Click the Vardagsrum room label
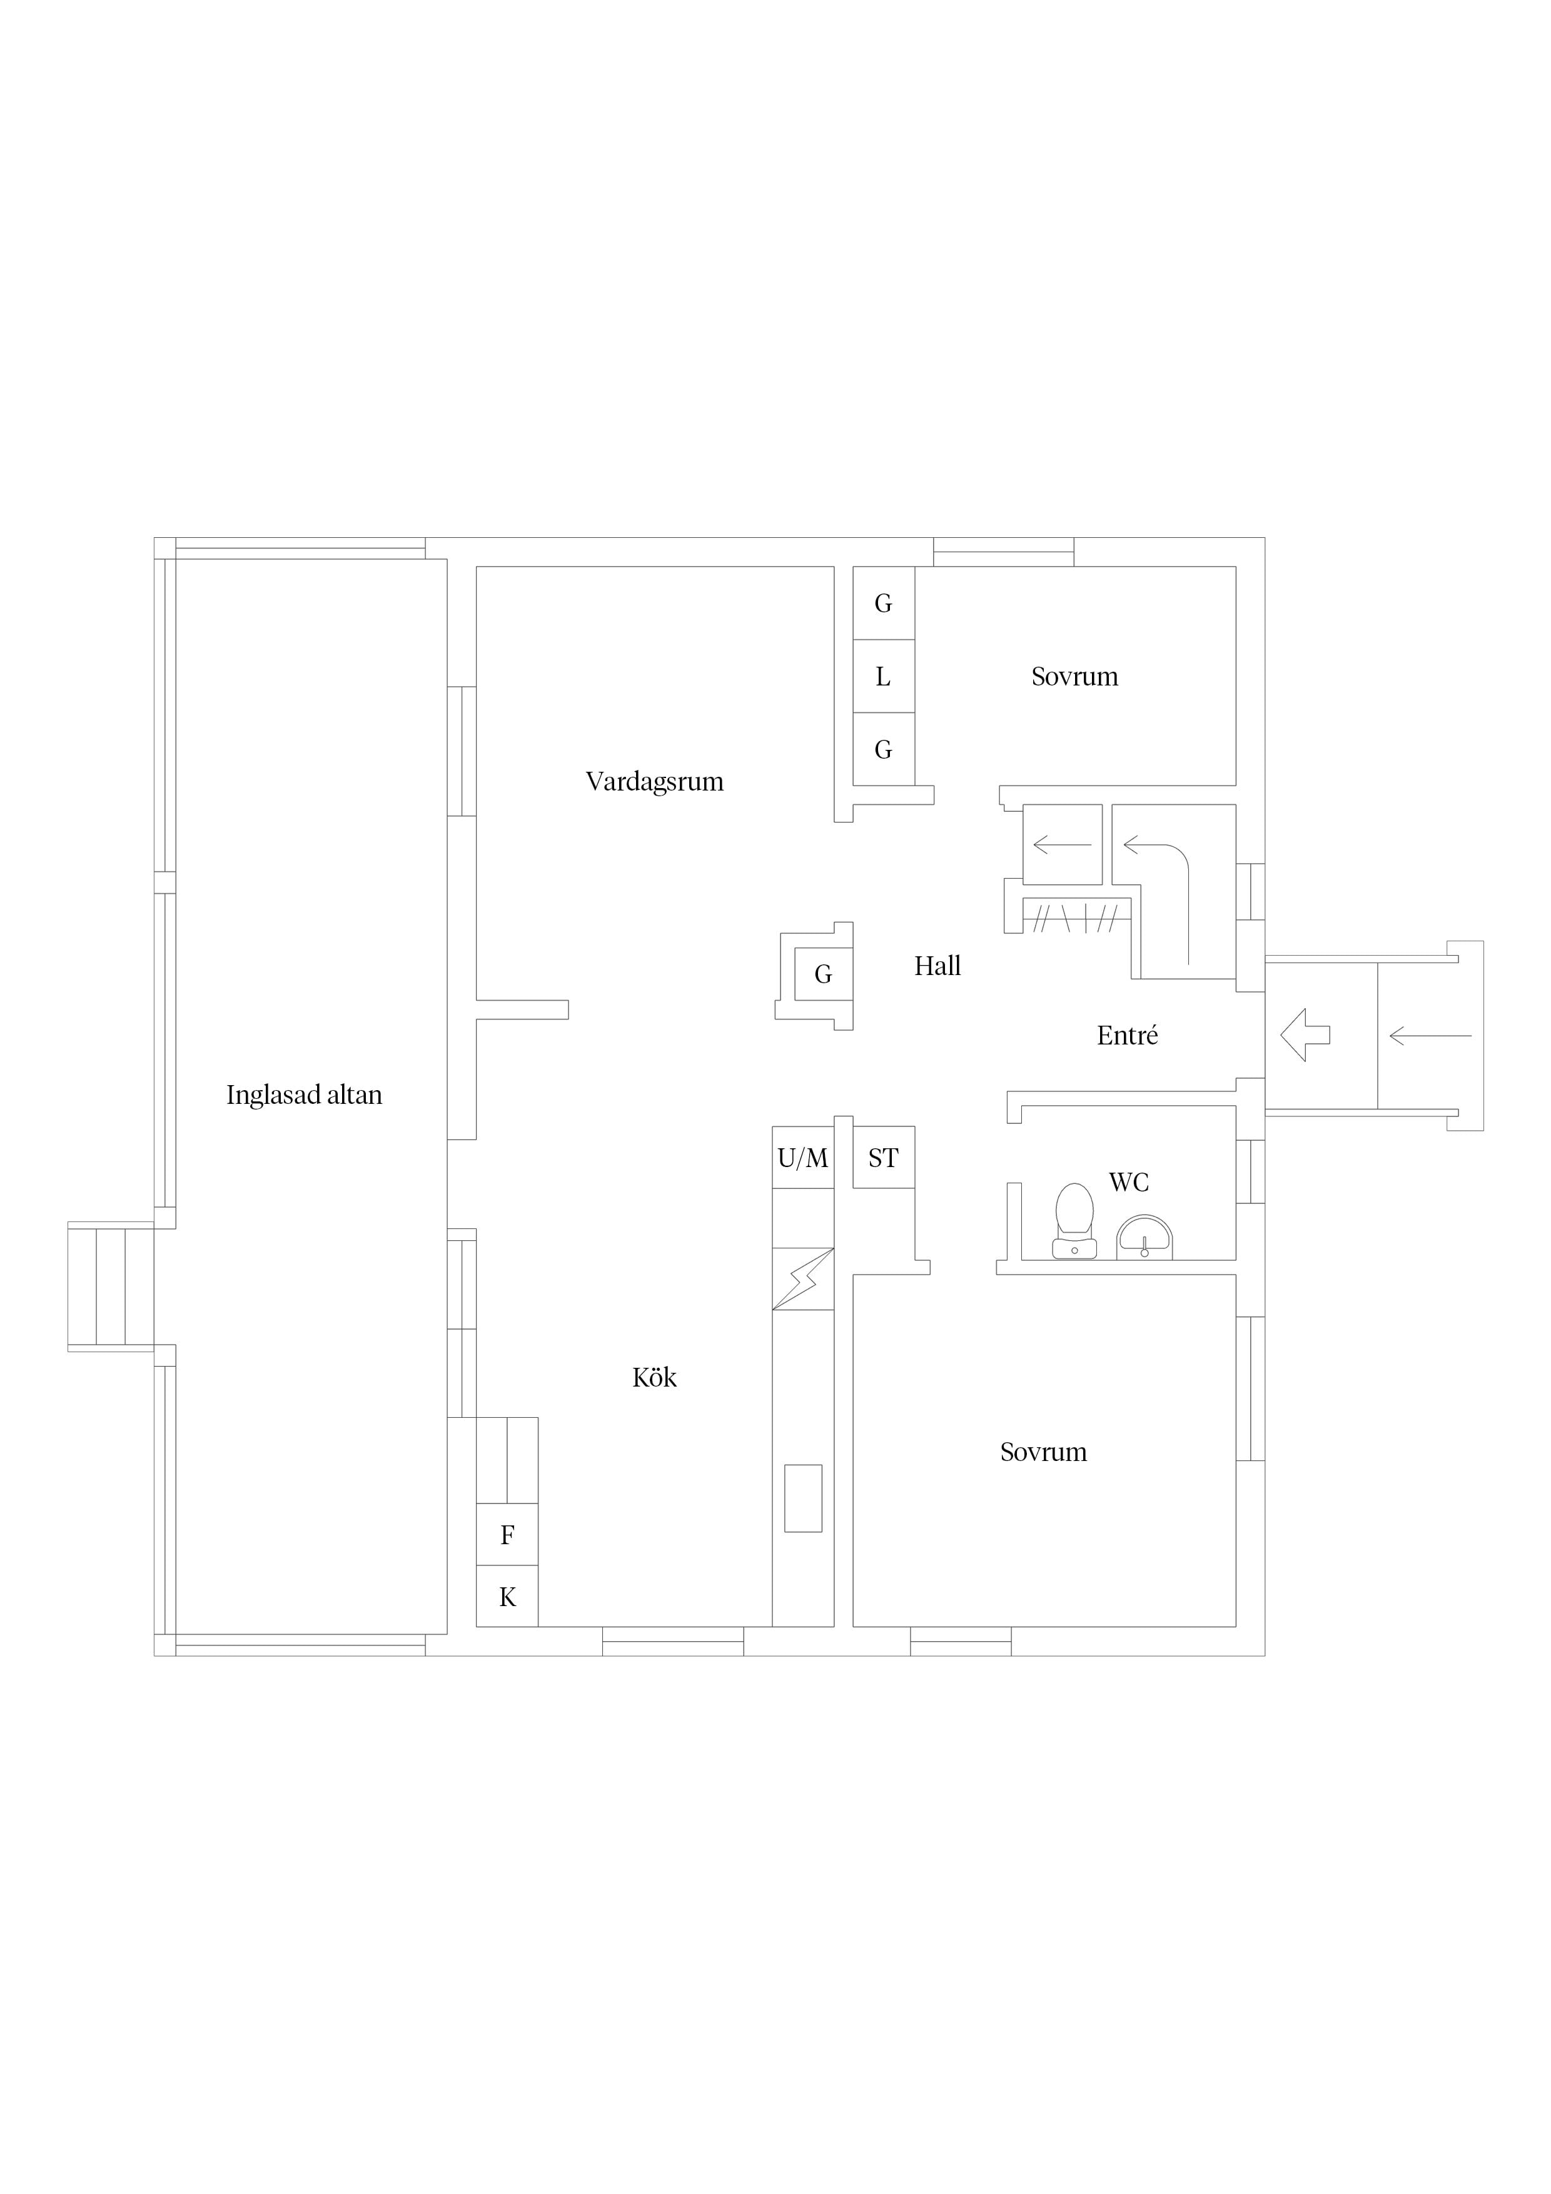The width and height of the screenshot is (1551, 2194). tap(655, 782)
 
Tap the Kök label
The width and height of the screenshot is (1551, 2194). tap(655, 1378)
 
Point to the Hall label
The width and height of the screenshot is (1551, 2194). tap(937, 966)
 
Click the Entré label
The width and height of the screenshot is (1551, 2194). tap(1128, 1036)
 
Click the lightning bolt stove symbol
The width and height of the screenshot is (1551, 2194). tap(803, 1278)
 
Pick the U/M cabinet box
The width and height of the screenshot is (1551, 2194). tap(803, 1158)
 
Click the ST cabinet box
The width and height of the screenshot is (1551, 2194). tap(883, 1158)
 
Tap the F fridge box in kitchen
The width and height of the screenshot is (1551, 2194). tap(507, 1535)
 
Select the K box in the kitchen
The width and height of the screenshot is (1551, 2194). tap(507, 1597)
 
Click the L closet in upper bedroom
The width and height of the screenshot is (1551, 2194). tap(884, 677)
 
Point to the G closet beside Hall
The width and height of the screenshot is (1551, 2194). tap(823, 974)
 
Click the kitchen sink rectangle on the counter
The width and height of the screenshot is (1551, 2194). tap(803, 1499)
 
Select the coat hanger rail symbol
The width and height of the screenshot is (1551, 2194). tap(1077, 918)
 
